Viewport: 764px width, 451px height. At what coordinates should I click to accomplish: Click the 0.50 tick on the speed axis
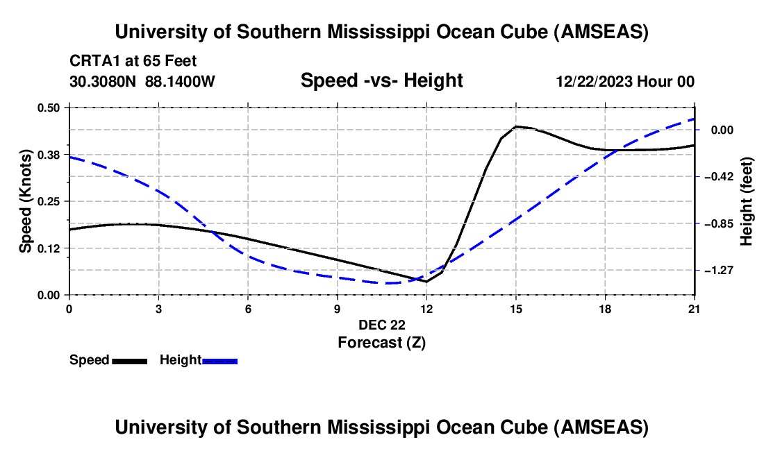pyautogui.click(x=53, y=107)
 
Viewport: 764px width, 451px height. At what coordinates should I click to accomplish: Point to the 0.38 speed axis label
pyautogui.click(x=53, y=154)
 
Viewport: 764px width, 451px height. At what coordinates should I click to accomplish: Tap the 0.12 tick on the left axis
pyautogui.click(x=53, y=248)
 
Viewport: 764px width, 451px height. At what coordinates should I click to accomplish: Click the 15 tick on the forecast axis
pyautogui.click(x=516, y=307)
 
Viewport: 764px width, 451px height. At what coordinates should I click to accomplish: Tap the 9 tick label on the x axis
pyautogui.click(x=338, y=307)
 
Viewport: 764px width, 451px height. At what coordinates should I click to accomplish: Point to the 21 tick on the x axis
pyautogui.click(x=695, y=307)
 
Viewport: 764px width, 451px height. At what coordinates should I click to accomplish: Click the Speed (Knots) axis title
pyautogui.click(x=25, y=201)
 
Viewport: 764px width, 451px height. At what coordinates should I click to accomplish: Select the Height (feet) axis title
pyautogui.click(x=747, y=201)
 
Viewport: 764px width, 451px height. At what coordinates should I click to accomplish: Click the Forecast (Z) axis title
pyautogui.click(x=381, y=342)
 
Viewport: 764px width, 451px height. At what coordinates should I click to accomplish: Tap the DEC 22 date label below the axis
pyautogui.click(x=381, y=324)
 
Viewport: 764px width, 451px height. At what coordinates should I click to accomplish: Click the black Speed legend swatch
pyautogui.click(x=129, y=360)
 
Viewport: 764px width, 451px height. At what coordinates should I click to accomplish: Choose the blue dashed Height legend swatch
pyautogui.click(x=220, y=360)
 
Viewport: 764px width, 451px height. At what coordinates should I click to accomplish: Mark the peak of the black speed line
pyautogui.click(x=516, y=126)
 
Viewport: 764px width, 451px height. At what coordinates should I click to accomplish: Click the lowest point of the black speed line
pyautogui.click(x=426, y=281)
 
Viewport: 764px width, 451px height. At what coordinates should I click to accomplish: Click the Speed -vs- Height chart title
pyautogui.click(x=381, y=80)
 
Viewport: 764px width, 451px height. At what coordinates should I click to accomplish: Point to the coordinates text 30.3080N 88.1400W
pyautogui.click(x=142, y=81)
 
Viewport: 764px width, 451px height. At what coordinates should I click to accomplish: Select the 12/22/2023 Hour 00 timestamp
pyautogui.click(x=625, y=81)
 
